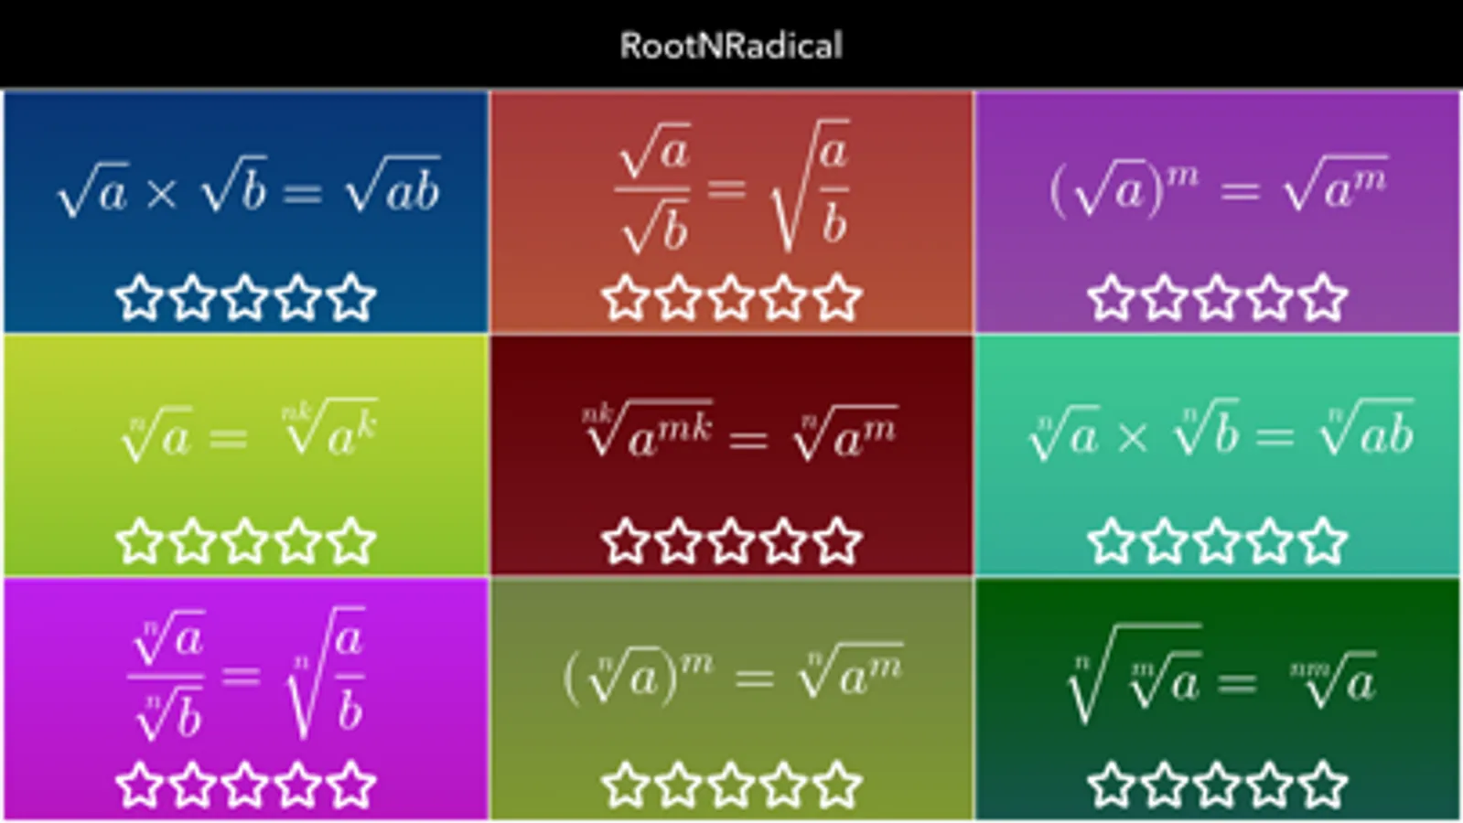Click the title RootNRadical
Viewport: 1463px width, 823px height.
click(730, 46)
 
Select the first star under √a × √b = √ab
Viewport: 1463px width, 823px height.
click(140, 297)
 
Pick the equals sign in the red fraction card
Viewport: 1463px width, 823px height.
click(726, 189)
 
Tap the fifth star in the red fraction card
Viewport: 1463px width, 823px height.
click(837, 297)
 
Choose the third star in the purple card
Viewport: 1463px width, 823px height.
click(1218, 297)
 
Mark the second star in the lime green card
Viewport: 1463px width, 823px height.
click(193, 540)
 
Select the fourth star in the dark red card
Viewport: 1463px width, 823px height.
click(784, 540)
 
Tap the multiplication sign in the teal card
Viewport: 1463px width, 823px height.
click(1133, 437)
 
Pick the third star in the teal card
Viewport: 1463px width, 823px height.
click(1218, 540)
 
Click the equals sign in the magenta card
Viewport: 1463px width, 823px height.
click(241, 676)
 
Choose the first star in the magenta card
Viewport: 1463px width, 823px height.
click(140, 785)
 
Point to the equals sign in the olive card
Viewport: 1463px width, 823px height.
click(755, 678)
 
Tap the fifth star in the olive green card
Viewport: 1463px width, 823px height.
click(837, 785)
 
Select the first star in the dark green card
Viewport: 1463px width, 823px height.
click(1112, 785)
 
